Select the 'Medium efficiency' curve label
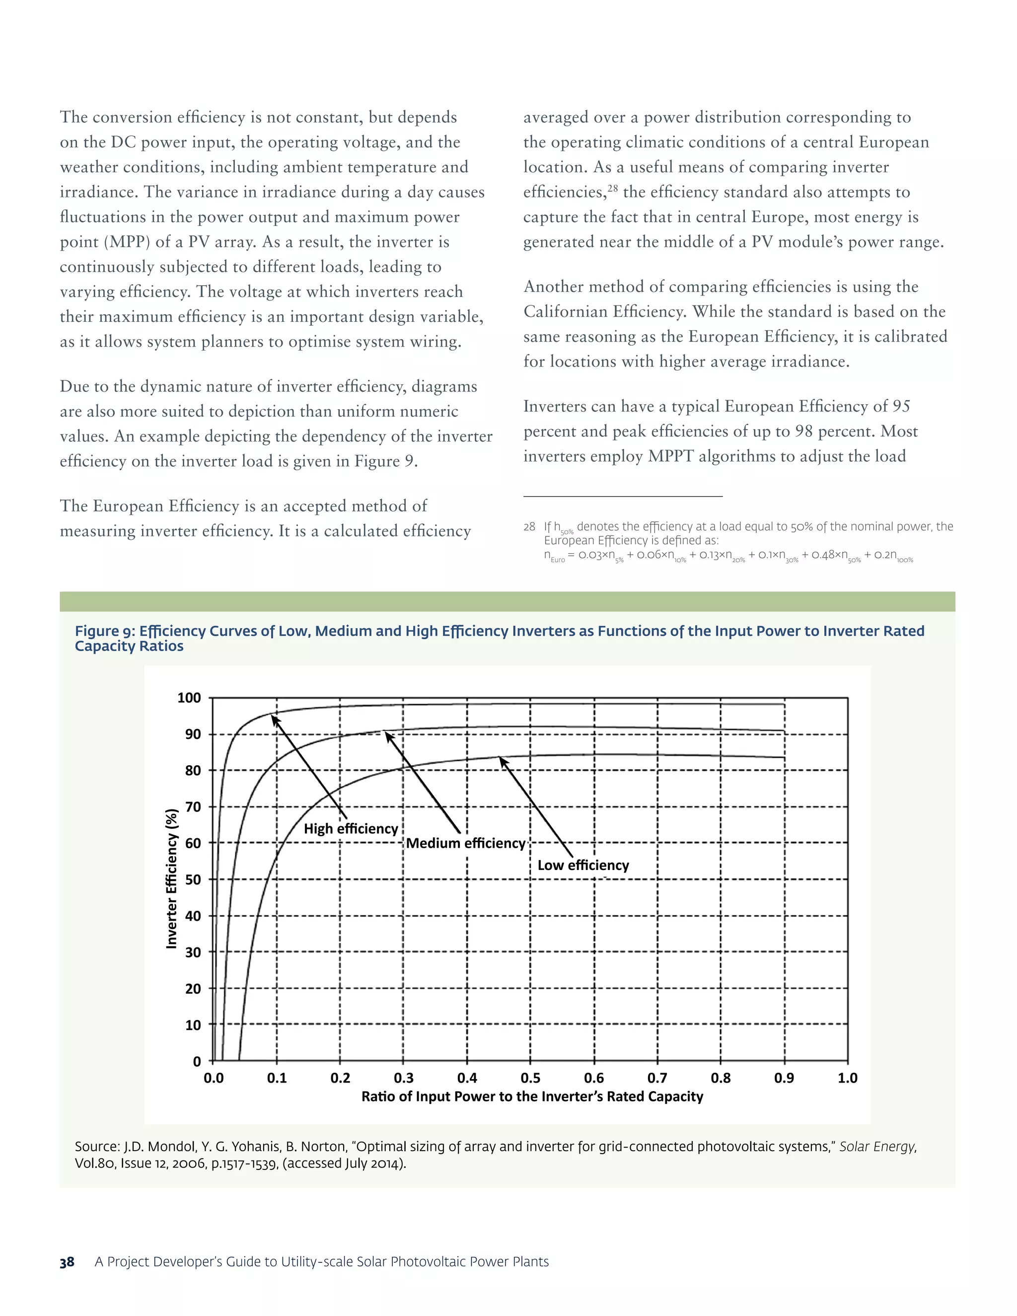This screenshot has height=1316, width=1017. tap(465, 843)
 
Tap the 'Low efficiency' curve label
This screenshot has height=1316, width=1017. tap(582, 865)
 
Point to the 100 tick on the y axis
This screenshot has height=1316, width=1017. tap(189, 698)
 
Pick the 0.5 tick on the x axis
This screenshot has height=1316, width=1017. tap(530, 1078)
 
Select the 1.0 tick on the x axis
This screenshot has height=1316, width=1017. tap(847, 1078)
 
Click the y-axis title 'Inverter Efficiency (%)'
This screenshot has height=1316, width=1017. tap(172, 878)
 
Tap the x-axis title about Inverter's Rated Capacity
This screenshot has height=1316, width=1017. tap(532, 1097)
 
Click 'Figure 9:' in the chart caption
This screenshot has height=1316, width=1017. tap(105, 631)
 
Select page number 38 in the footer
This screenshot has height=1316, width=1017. tap(67, 1262)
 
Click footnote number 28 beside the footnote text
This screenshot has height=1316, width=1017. tap(529, 526)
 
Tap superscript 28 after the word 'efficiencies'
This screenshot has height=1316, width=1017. tap(613, 189)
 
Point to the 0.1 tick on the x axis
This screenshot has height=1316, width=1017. tap(277, 1078)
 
